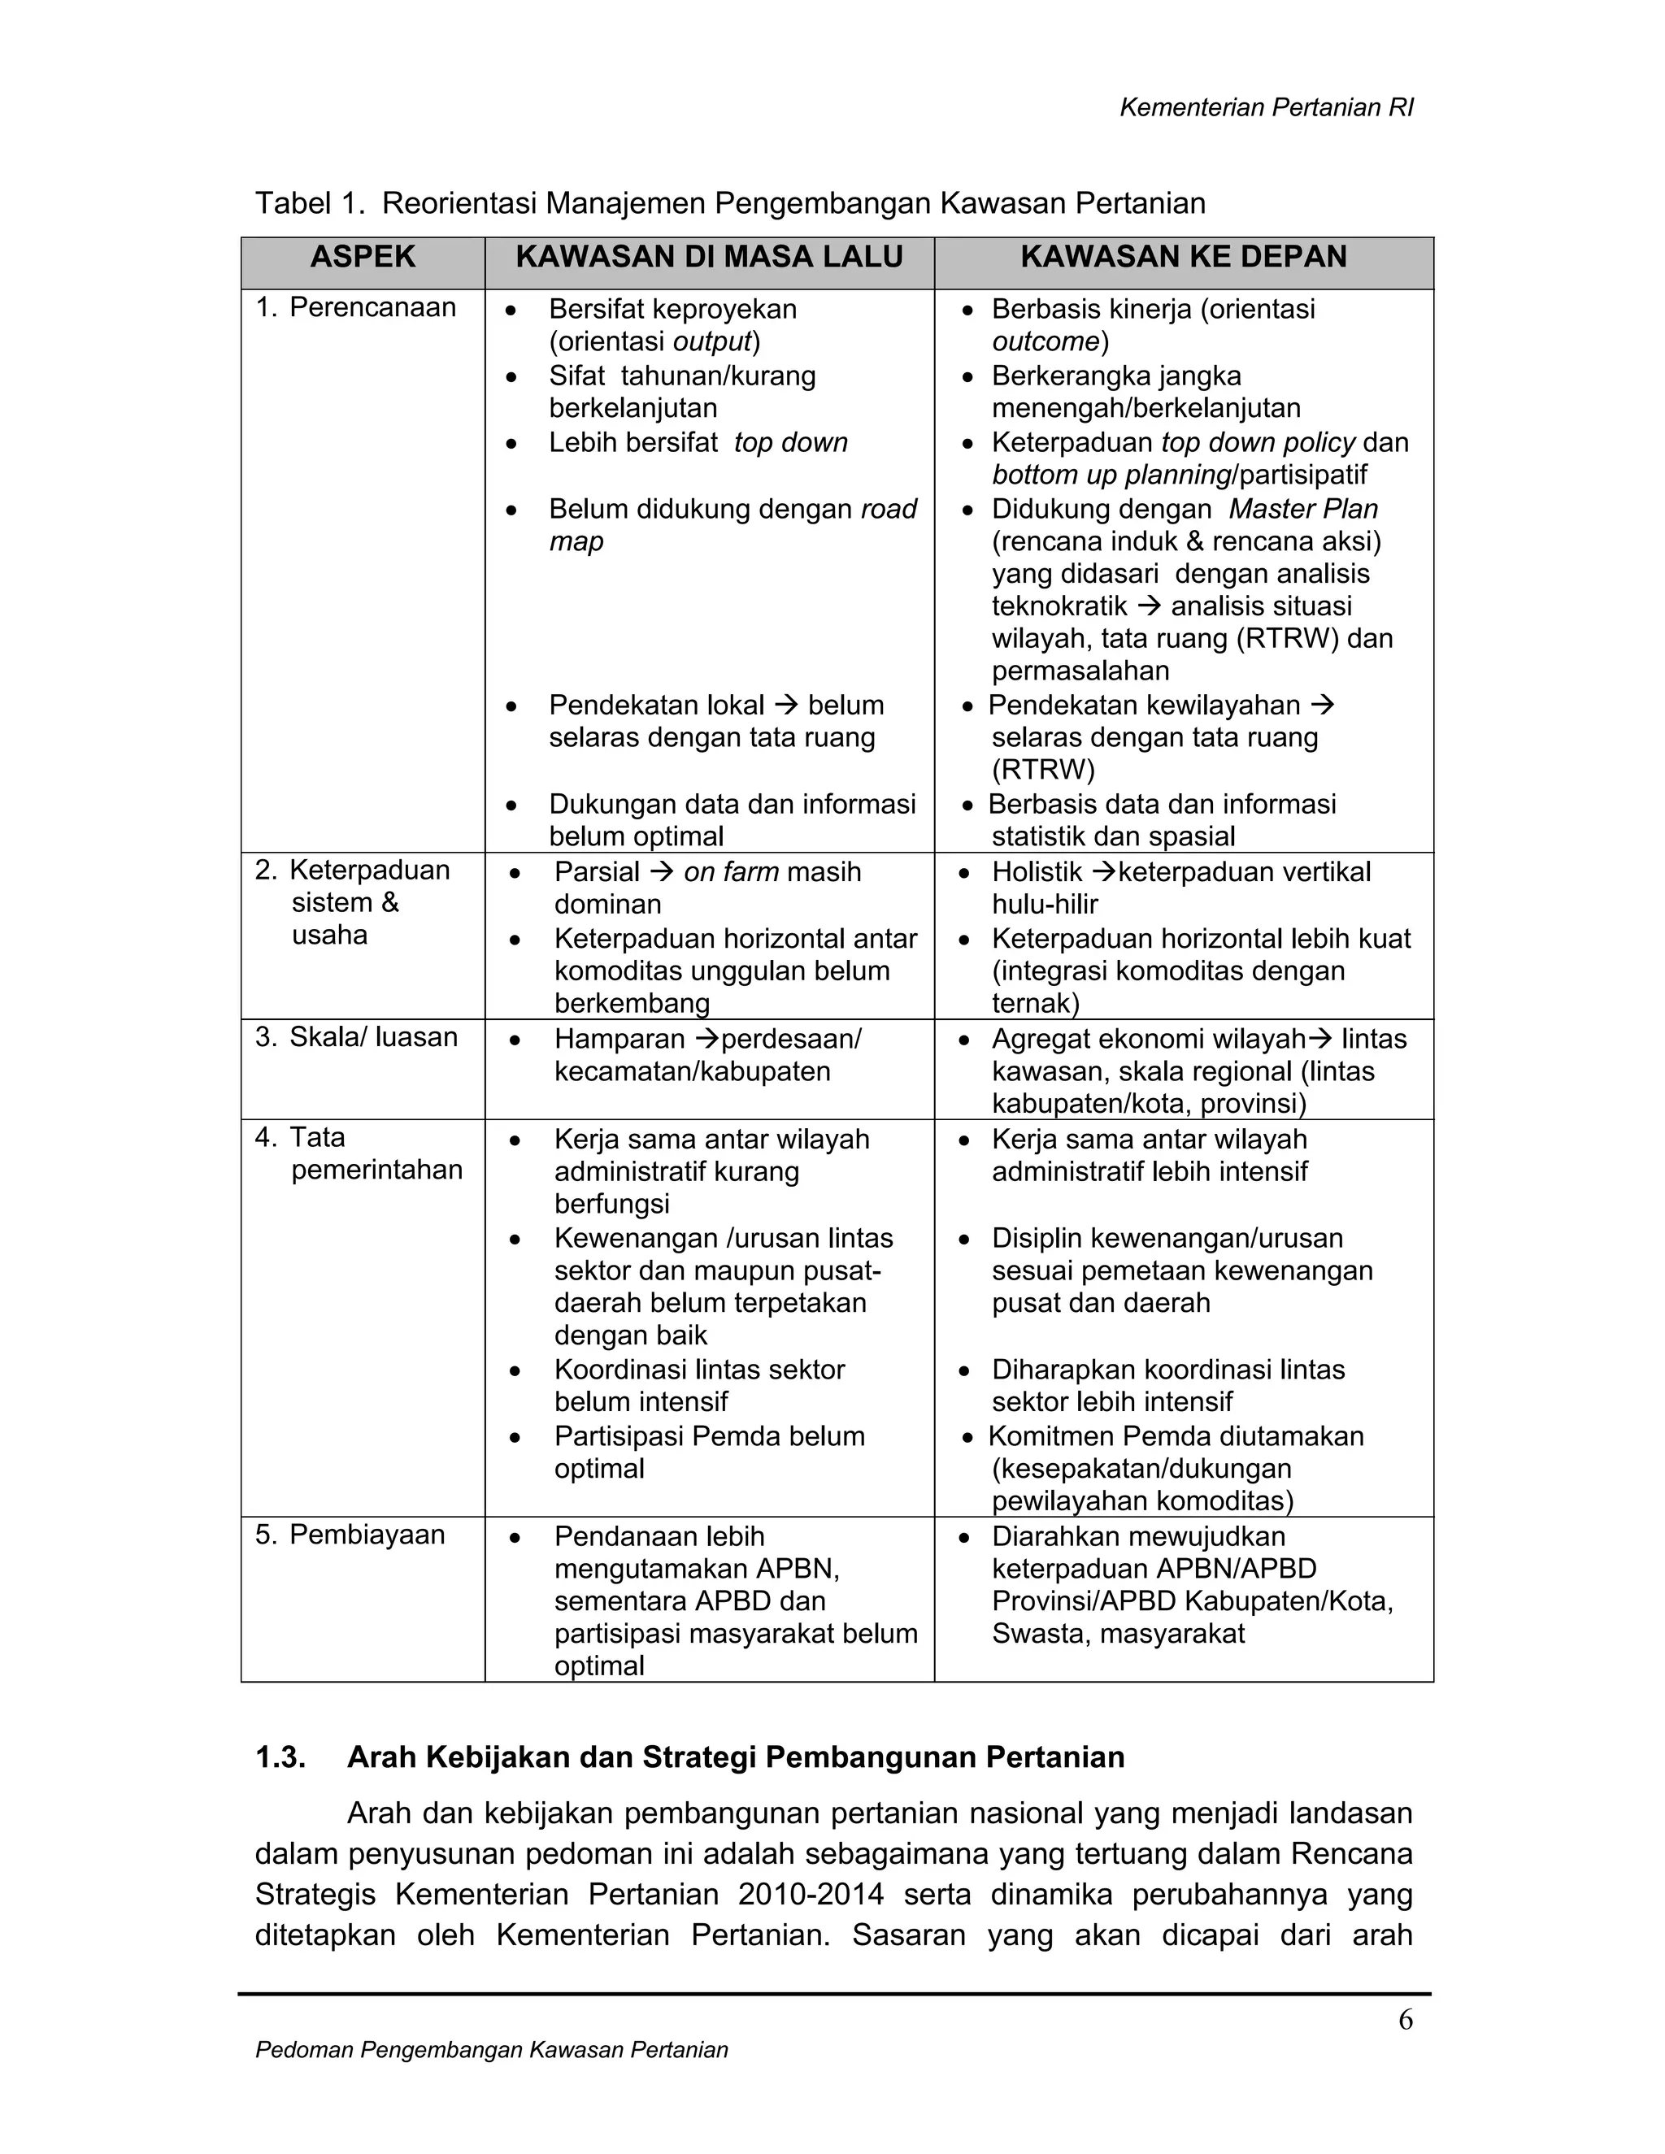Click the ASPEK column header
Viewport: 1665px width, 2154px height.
(x=362, y=258)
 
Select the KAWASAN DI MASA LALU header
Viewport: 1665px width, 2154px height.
(x=708, y=258)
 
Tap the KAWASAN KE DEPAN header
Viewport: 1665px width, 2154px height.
(x=1183, y=258)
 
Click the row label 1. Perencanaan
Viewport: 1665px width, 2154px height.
(x=355, y=308)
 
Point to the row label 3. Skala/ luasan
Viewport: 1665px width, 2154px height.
(x=356, y=1036)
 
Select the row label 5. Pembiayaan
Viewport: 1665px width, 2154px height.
(x=350, y=1535)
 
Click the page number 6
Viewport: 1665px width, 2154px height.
(x=1405, y=2020)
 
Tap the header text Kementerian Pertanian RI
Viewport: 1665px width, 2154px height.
(x=1266, y=108)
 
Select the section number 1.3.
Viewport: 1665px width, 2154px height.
(x=280, y=1757)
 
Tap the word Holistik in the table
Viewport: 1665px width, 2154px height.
(x=1037, y=872)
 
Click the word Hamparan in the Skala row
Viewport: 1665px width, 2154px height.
(x=619, y=1040)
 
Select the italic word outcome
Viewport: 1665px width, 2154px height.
(x=1045, y=342)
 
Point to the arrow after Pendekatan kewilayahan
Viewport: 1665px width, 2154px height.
(x=1324, y=706)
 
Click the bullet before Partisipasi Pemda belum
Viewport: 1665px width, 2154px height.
(x=514, y=1438)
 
